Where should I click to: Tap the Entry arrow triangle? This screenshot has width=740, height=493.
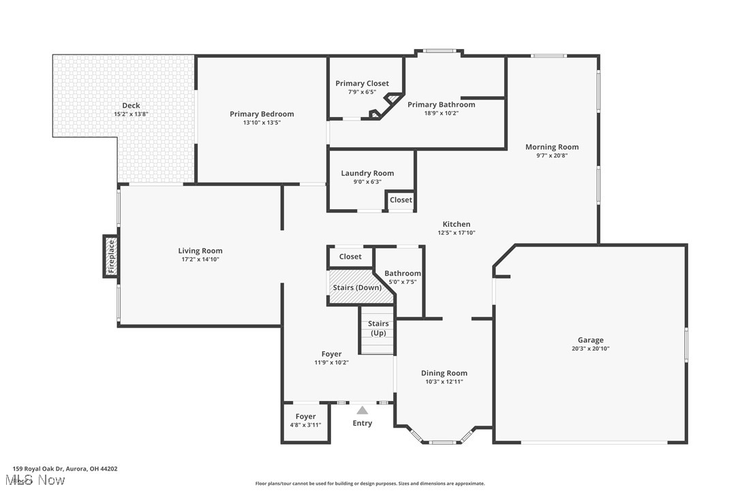[363, 410]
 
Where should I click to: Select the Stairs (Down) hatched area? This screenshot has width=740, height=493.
[356, 287]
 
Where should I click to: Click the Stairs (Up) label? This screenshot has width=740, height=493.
[378, 328]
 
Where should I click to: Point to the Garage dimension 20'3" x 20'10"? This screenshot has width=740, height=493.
[590, 349]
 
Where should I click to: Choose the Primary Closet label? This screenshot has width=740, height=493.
[362, 84]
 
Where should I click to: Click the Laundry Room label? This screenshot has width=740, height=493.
[367, 173]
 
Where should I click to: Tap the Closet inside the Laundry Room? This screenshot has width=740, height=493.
[401, 200]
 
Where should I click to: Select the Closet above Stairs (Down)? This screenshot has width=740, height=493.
[350, 257]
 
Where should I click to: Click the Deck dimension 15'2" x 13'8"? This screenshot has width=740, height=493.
[131, 114]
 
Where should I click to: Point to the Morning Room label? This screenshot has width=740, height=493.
[551, 147]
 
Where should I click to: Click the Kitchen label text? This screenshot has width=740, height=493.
[456, 224]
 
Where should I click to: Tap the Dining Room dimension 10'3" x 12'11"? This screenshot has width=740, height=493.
[444, 382]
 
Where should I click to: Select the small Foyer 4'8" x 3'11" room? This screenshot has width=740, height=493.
[305, 421]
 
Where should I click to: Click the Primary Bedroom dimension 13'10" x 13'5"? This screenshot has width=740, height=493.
[262, 123]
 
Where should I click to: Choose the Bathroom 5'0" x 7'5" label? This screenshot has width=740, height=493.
[402, 274]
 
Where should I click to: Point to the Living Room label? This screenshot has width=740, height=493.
[200, 251]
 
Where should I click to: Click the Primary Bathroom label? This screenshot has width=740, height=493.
[441, 105]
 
